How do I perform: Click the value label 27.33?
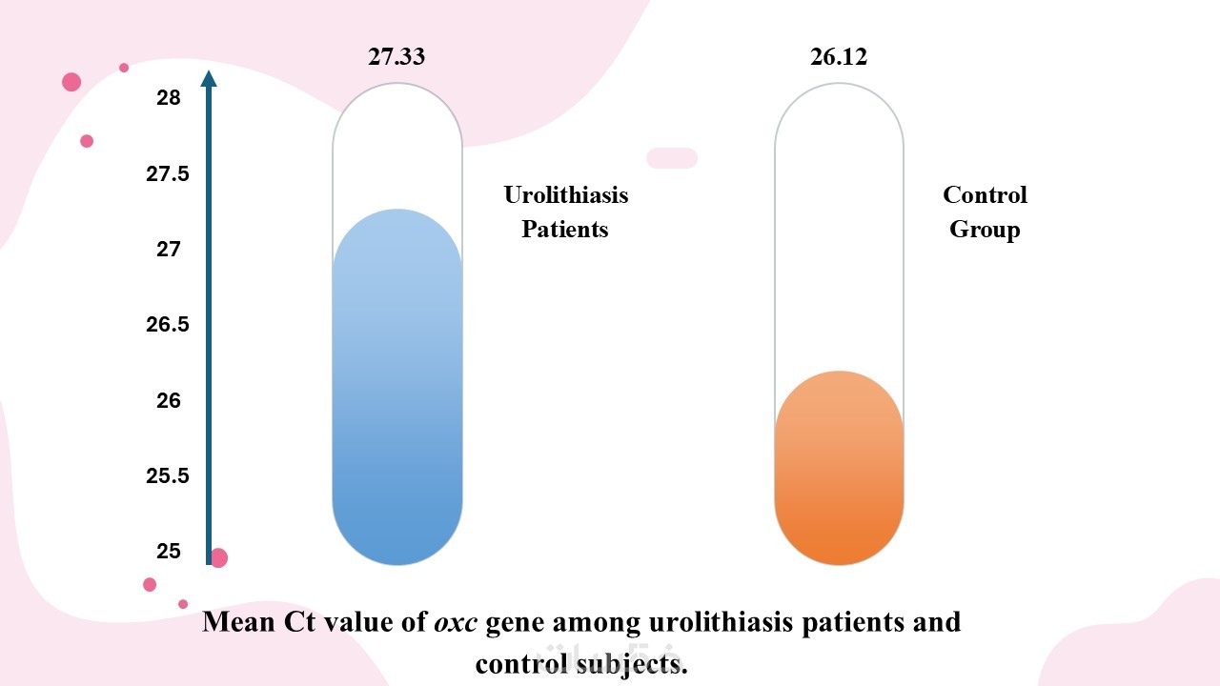click(x=396, y=57)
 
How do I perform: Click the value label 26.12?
click(x=839, y=57)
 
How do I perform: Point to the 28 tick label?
click(x=168, y=97)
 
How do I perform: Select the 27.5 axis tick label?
click(x=168, y=173)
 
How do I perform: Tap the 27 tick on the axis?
click(x=168, y=250)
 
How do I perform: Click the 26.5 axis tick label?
click(x=168, y=325)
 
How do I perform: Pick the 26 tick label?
click(x=168, y=401)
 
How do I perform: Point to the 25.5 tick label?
click(x=168, y=476)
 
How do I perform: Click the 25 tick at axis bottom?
click(x=168, y=552)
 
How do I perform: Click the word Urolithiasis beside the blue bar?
click(x=566, y=195)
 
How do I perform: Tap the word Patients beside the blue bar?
click(x=565, y=230)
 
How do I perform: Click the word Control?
click(x=985, y=195)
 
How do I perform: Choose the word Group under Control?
click(x=985, y=230)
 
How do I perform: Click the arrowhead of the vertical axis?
click(x=210, y=78)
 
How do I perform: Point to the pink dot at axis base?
click(x=219, y=558)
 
